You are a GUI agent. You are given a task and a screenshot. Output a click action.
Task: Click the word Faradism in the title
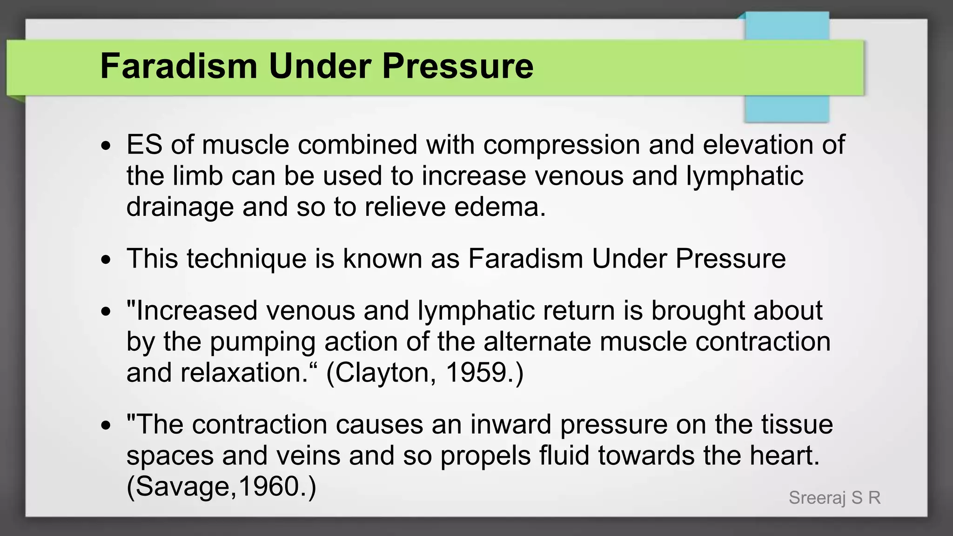tap(179, 66)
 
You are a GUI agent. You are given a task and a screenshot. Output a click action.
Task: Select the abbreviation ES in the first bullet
tap(144, 144)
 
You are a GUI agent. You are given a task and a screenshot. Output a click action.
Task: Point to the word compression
tap(562, 145)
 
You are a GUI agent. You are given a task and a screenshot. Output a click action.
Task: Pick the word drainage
tap(180, 208)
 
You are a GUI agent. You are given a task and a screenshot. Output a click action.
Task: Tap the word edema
tap(500, 207)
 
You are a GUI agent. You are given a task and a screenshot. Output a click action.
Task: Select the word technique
tap(247, 259)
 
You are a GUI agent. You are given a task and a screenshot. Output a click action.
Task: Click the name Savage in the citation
tap(182, 487)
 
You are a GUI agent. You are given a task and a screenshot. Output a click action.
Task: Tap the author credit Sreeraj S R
tap(834, 498)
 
